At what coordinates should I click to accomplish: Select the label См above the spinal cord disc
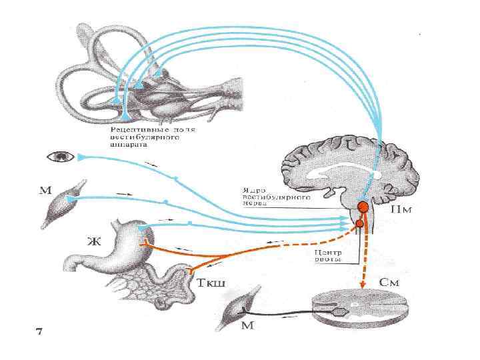tap(389, 282)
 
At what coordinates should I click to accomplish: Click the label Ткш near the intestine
tap(213, 283)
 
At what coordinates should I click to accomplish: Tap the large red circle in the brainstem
tap(363, 208)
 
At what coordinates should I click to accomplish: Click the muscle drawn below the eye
tap(63, 202)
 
